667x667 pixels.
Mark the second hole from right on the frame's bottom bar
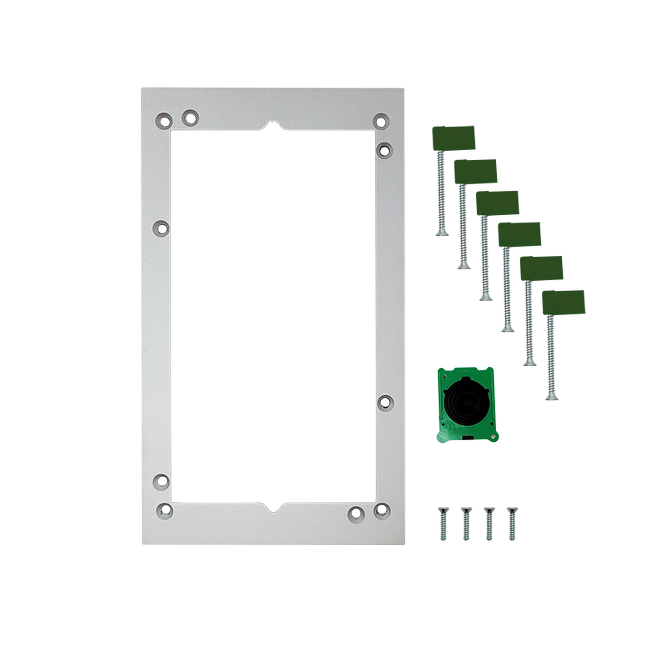356,513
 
